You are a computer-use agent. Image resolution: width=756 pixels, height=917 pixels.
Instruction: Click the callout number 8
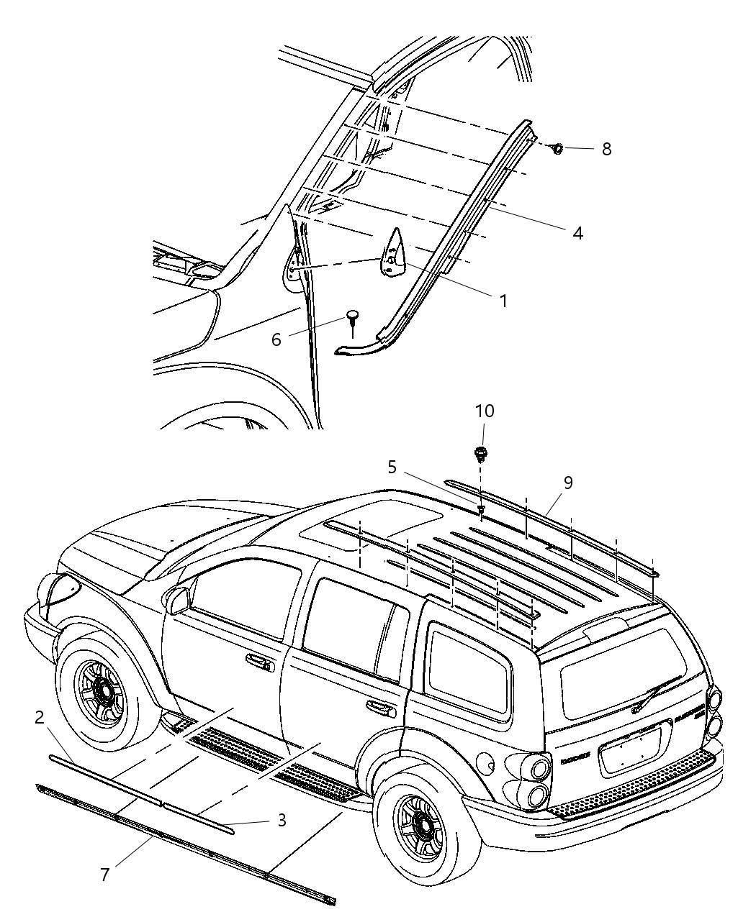pos(606,149)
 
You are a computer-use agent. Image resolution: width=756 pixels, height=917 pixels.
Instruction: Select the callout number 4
pos(577,233)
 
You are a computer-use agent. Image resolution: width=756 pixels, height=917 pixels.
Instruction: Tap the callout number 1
pos(503,301)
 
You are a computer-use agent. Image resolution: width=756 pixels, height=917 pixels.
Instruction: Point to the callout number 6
pos(276,339)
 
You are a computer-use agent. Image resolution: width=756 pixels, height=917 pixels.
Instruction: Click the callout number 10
pos(484,411)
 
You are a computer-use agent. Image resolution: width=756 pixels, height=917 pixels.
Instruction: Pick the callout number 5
pos(392,467)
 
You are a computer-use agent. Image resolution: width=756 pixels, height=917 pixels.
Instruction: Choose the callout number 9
pos(568,483)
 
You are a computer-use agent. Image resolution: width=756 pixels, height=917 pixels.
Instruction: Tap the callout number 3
pos(282,820)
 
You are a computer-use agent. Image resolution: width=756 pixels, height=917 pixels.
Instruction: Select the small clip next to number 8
pos(556,148)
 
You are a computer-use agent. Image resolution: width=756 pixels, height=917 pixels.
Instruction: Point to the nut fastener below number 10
pos(480,454)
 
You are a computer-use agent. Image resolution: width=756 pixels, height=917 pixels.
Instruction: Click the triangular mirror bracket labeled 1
pos(392,252)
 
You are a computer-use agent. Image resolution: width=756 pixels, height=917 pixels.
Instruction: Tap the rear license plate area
pos(630,750)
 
